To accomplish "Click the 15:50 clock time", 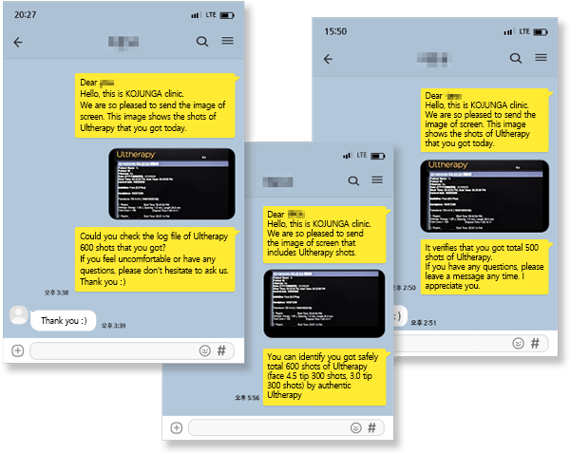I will (335, 31).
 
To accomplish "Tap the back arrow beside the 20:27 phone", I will (17, 42).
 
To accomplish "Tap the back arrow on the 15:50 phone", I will (329, 59).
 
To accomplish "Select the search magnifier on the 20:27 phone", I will (202, 42).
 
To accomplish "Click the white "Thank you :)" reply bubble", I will (64, 321).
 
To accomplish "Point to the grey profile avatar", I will (18, 315).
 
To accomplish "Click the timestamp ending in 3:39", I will (113, 326).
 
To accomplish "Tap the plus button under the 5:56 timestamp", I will (176, 428).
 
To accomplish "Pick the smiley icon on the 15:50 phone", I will (513, 343).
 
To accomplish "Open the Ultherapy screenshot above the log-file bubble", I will (171, 183).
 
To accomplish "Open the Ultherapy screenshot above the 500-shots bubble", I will (484, 196).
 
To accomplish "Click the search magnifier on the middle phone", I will (353, 180).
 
